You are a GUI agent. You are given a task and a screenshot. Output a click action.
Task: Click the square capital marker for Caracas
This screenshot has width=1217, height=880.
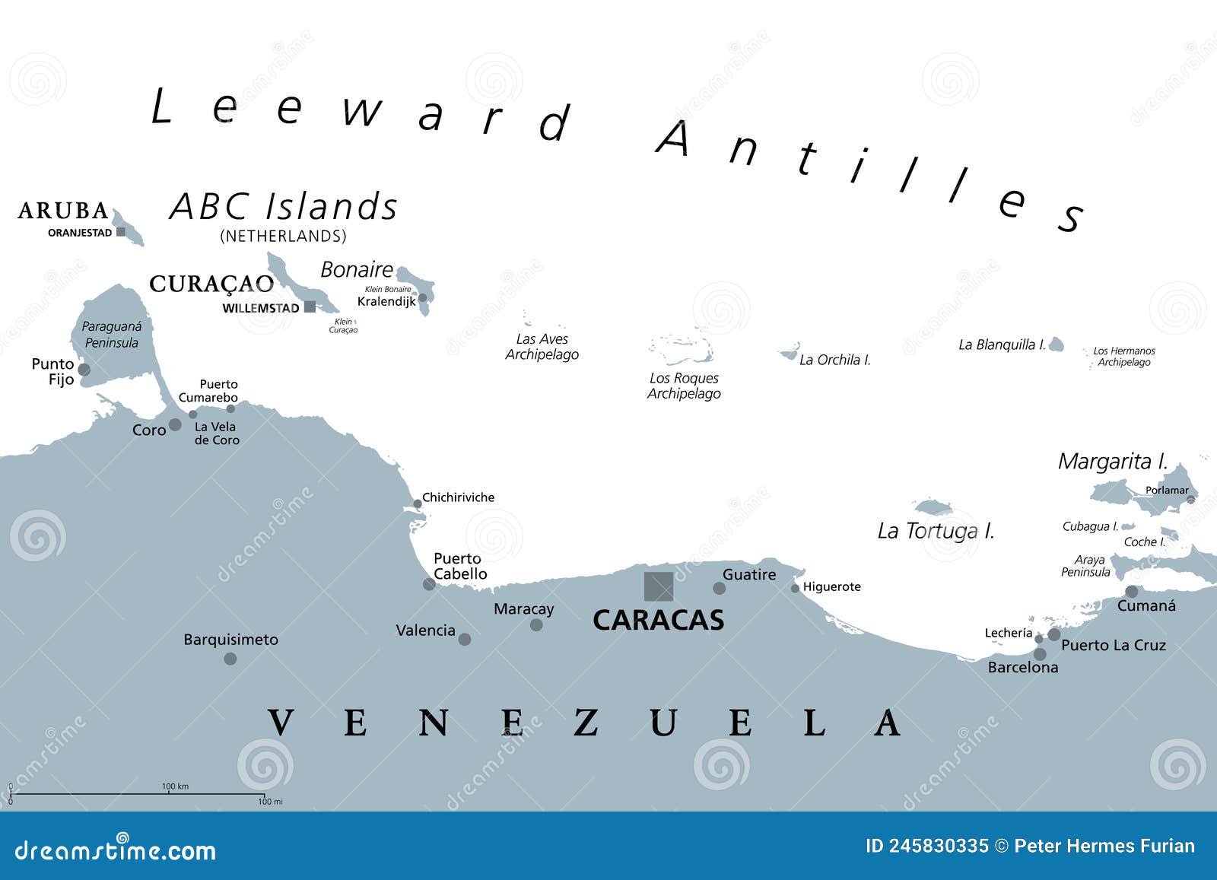point(659,586)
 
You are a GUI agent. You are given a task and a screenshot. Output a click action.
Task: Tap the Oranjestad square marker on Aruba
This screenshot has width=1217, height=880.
point(121,232)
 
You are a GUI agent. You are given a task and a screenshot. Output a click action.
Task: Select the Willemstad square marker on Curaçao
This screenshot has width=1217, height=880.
point(310,307)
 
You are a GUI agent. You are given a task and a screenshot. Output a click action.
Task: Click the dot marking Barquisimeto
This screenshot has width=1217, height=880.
point(230,659)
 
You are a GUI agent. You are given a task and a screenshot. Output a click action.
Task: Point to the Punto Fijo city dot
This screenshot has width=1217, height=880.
point(84,370)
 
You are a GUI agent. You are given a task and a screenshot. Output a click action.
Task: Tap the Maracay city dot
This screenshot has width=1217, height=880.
point(536,625)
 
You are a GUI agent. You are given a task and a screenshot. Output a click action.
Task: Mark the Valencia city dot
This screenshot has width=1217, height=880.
point(465,640)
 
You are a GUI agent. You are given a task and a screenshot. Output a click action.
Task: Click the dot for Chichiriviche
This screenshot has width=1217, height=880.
point(417,504)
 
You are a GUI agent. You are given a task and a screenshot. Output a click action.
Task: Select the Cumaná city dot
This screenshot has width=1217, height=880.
point(1132,591)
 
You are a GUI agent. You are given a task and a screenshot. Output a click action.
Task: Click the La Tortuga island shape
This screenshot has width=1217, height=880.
point(932,507)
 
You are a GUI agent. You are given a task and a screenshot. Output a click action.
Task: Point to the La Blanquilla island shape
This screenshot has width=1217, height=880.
point(1055,345)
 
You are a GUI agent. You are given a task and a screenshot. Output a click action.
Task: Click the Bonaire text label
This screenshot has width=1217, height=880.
point(357,269)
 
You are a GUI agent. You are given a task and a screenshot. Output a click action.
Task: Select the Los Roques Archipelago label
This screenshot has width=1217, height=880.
point(684,386)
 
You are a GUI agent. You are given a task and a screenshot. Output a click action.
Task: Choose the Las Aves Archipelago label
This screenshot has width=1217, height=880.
point(542,347)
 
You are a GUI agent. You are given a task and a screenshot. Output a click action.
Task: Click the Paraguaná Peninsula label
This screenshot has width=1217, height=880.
point(112,335)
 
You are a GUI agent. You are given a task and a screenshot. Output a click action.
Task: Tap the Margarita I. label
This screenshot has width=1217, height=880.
point(1112,461)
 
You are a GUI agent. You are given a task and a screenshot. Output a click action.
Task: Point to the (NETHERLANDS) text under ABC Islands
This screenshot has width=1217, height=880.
point(283,237)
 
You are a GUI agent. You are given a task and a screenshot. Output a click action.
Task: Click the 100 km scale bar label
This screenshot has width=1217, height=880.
point(175,786)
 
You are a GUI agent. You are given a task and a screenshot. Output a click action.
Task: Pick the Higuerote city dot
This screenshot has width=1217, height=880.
point(795,588)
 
